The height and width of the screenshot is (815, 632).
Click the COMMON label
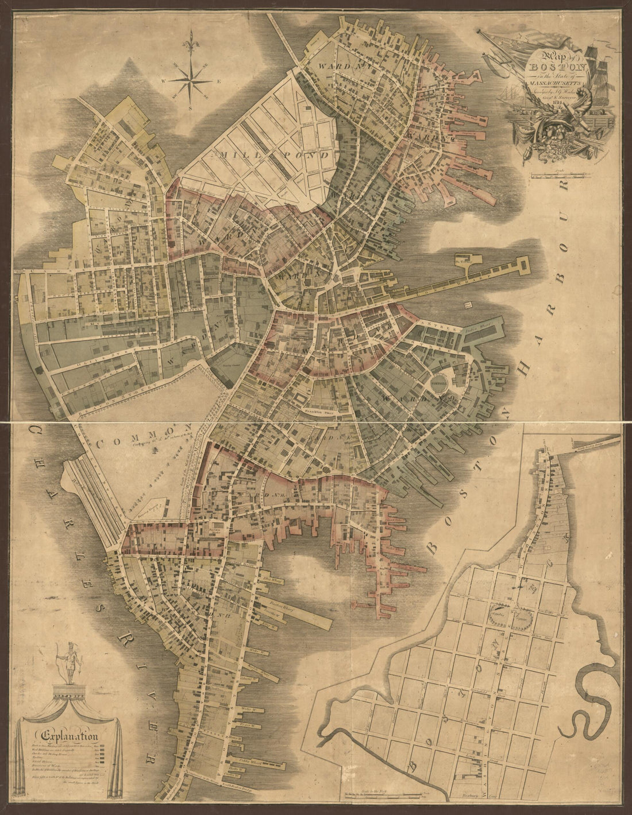pyautogui.click(x=144, y=436)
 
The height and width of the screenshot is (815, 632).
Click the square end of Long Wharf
pyautogui.click(x=523, y=265)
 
